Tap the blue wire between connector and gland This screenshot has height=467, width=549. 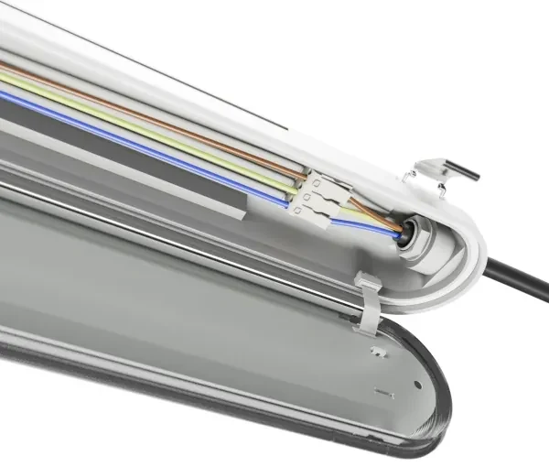[366, 225]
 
